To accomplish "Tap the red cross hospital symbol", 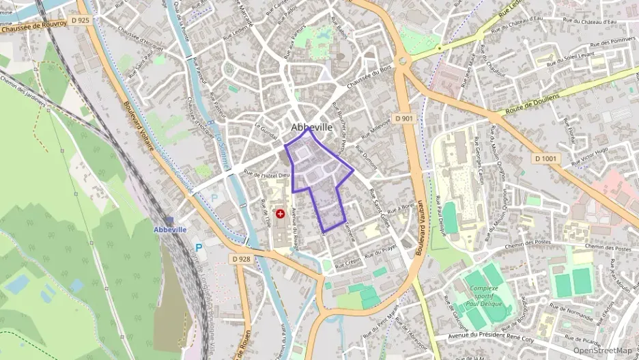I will (x=280, y=214).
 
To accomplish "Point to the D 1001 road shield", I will (x=545, y=158).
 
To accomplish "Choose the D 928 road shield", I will (x=241, y=259).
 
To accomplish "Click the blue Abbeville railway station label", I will (x=170, y=230).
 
